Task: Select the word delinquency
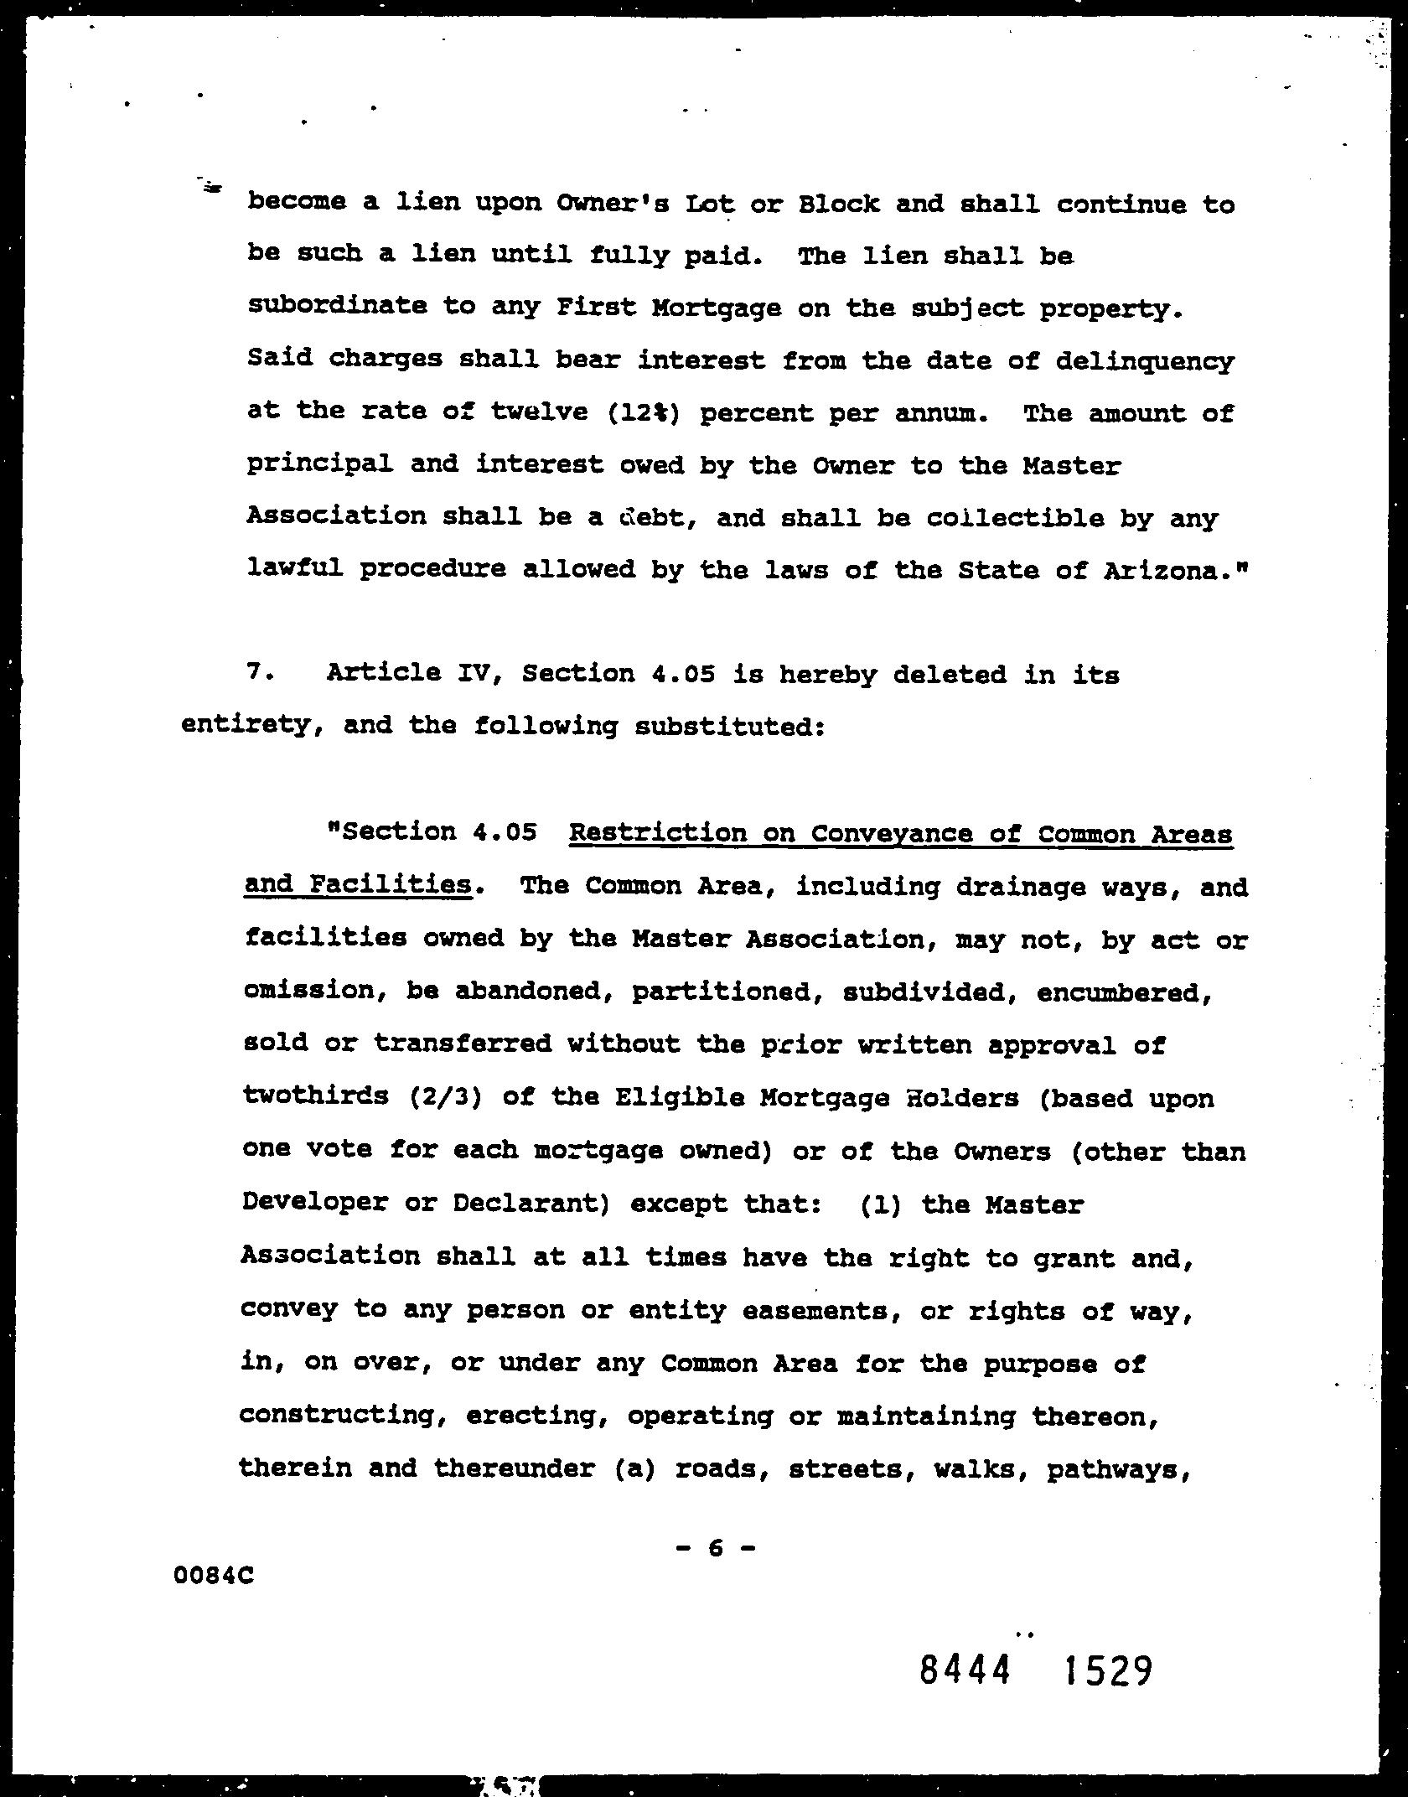coord(1144,361)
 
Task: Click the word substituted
coord(729,726)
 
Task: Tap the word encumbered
coord(1125,992)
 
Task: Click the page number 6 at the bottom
coord(714,1548)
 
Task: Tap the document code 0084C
coord(213,1576)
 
